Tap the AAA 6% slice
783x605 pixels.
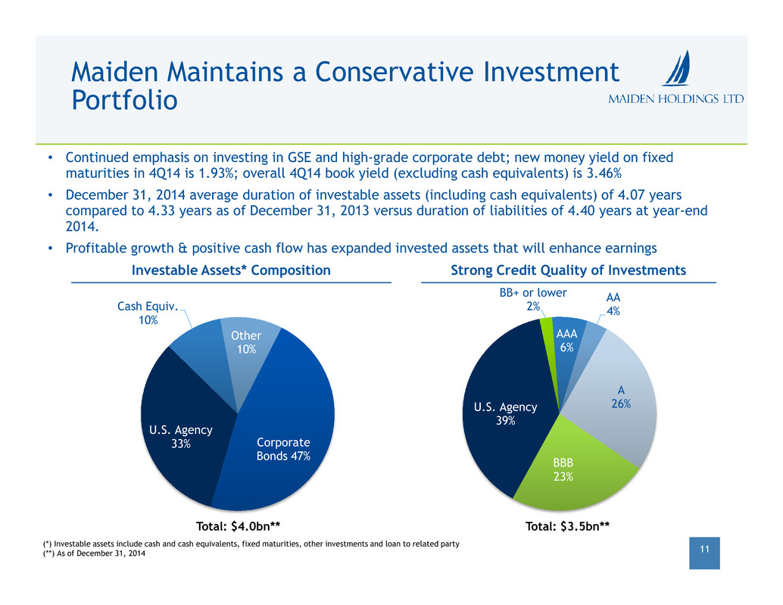pos(566,341)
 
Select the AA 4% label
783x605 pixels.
pos(613,304)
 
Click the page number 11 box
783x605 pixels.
pos(705,554)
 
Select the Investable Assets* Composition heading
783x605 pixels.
pos(230,270)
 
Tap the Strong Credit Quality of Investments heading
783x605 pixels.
pos(568,270)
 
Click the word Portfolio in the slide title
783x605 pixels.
pos(124,100)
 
